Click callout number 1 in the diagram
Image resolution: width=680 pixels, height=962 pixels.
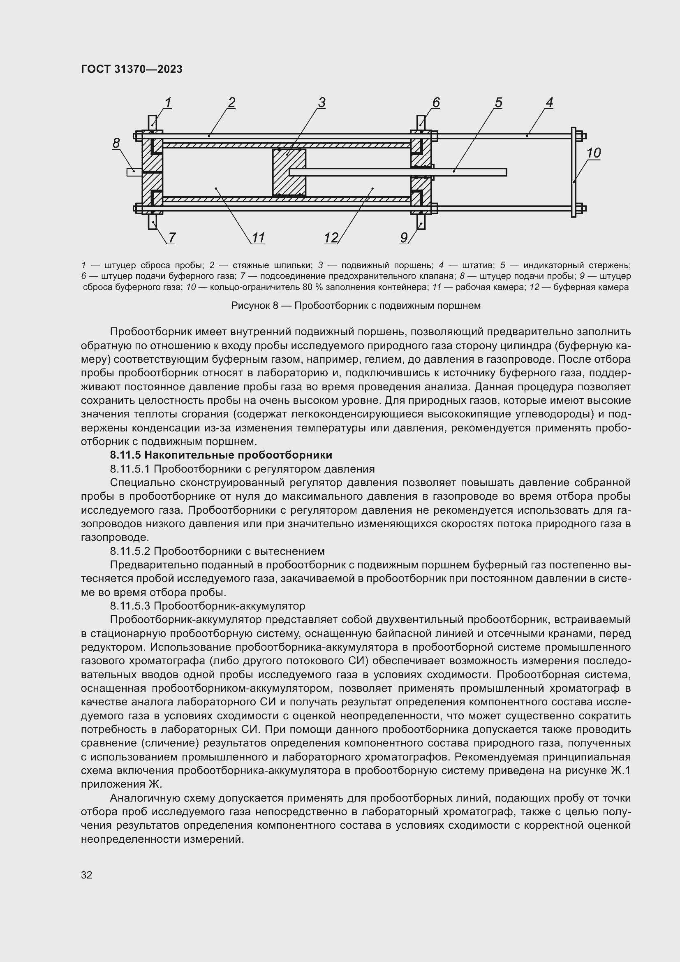(168, 103)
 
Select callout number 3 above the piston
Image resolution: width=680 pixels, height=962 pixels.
(321, 103)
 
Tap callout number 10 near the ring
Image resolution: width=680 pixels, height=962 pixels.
(593, 153)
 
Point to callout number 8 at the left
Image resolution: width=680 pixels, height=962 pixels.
(116, 143)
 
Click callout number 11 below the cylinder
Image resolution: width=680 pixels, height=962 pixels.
(258, 238)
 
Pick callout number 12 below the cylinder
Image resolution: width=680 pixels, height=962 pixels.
(331, 238)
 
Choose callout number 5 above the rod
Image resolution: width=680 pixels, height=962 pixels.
(498, 103)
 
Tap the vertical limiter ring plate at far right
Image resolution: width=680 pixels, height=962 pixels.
(573, 172)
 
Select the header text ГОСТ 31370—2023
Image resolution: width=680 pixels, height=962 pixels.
(132, 69)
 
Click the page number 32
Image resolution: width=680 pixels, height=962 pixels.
(87, 875)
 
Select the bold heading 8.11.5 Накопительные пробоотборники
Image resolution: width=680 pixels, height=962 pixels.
(221, 455)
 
